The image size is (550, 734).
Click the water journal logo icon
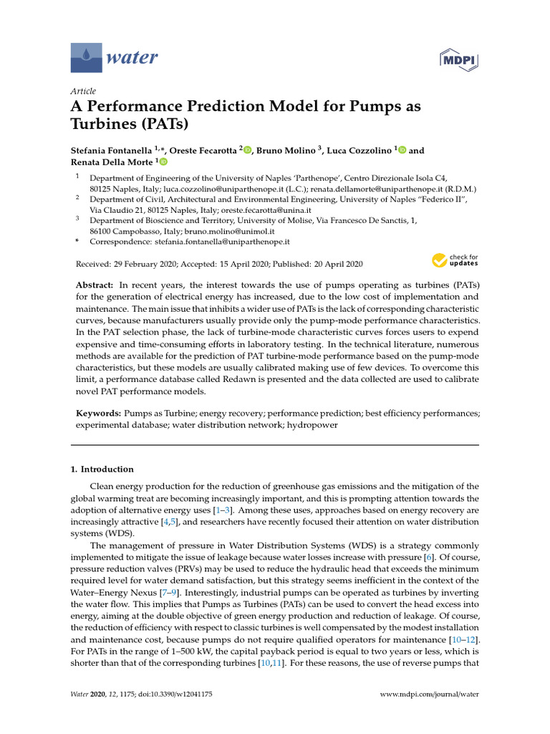(x=86, y=57)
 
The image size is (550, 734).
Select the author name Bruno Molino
(x=286, y=151)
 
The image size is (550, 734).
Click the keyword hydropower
(x=314, y=425)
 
